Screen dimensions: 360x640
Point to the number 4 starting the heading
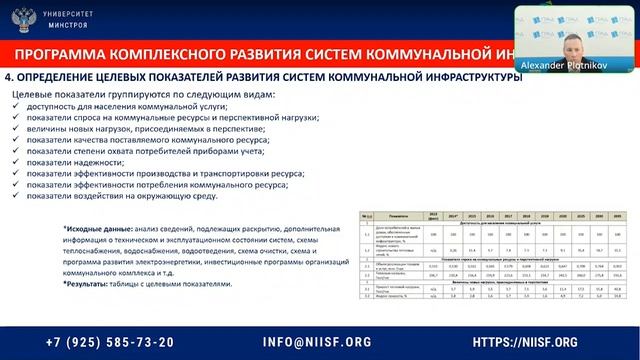9,77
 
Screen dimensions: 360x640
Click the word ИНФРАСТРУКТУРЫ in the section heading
461,77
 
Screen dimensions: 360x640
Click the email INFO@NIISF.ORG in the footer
319,341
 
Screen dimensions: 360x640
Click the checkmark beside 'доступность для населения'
16,105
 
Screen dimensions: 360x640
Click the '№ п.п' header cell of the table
367,213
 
